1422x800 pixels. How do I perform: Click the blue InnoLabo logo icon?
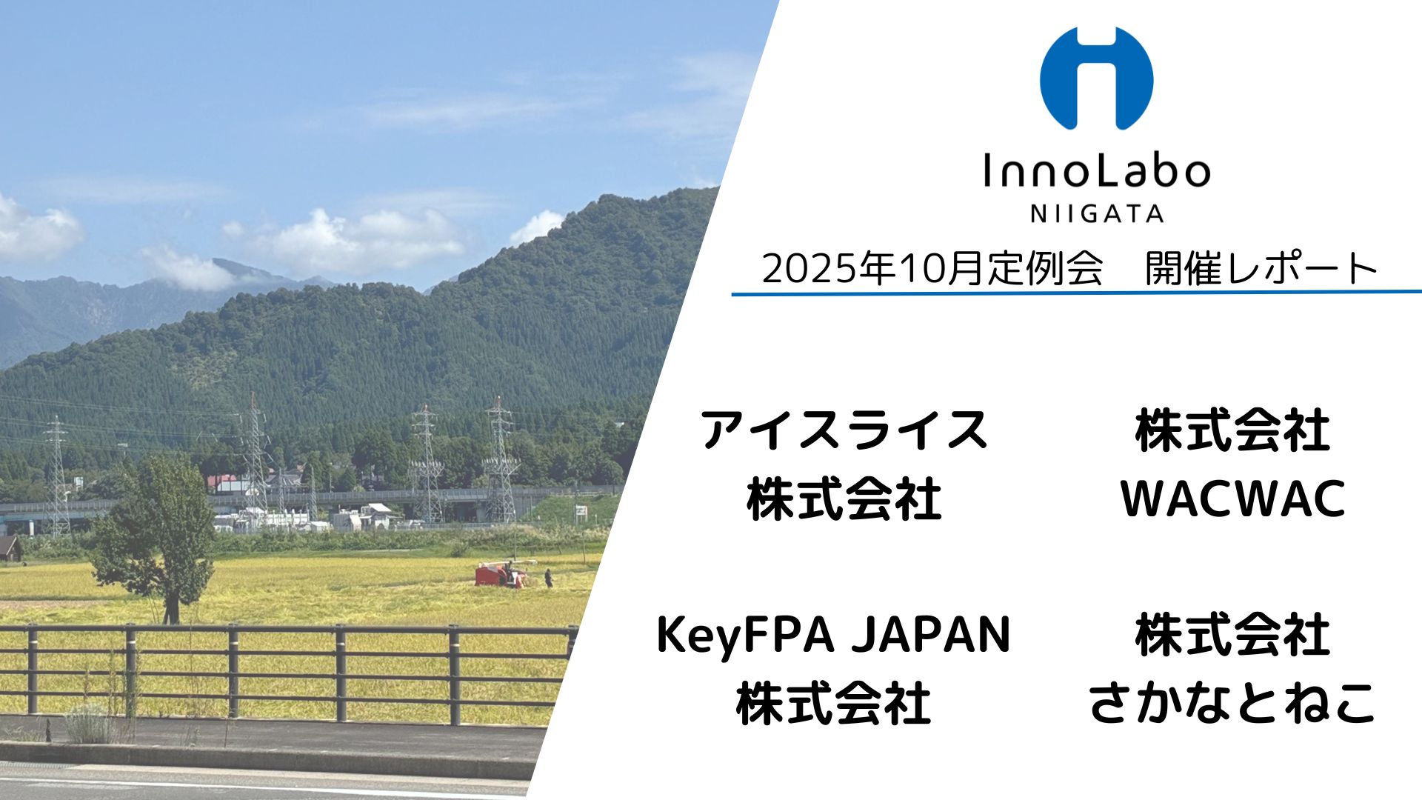(1096, 78)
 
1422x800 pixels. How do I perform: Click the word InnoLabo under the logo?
(1096, 171)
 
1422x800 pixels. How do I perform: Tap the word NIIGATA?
(1097, 214)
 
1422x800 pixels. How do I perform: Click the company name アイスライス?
(844, 431)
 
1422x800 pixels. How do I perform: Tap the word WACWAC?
(1233, 499)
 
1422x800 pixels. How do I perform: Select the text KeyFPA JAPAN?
(834, 636)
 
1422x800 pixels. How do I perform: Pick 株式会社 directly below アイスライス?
(844, 499)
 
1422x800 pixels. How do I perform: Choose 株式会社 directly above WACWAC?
(1233, 431)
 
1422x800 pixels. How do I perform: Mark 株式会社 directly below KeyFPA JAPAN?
(834, 704)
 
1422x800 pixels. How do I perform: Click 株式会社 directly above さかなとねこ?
(1233, 634)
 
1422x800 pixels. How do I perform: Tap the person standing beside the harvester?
(548, 578)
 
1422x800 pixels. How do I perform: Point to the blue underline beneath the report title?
(1077, 293)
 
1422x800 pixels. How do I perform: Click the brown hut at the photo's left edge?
(10, 548)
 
